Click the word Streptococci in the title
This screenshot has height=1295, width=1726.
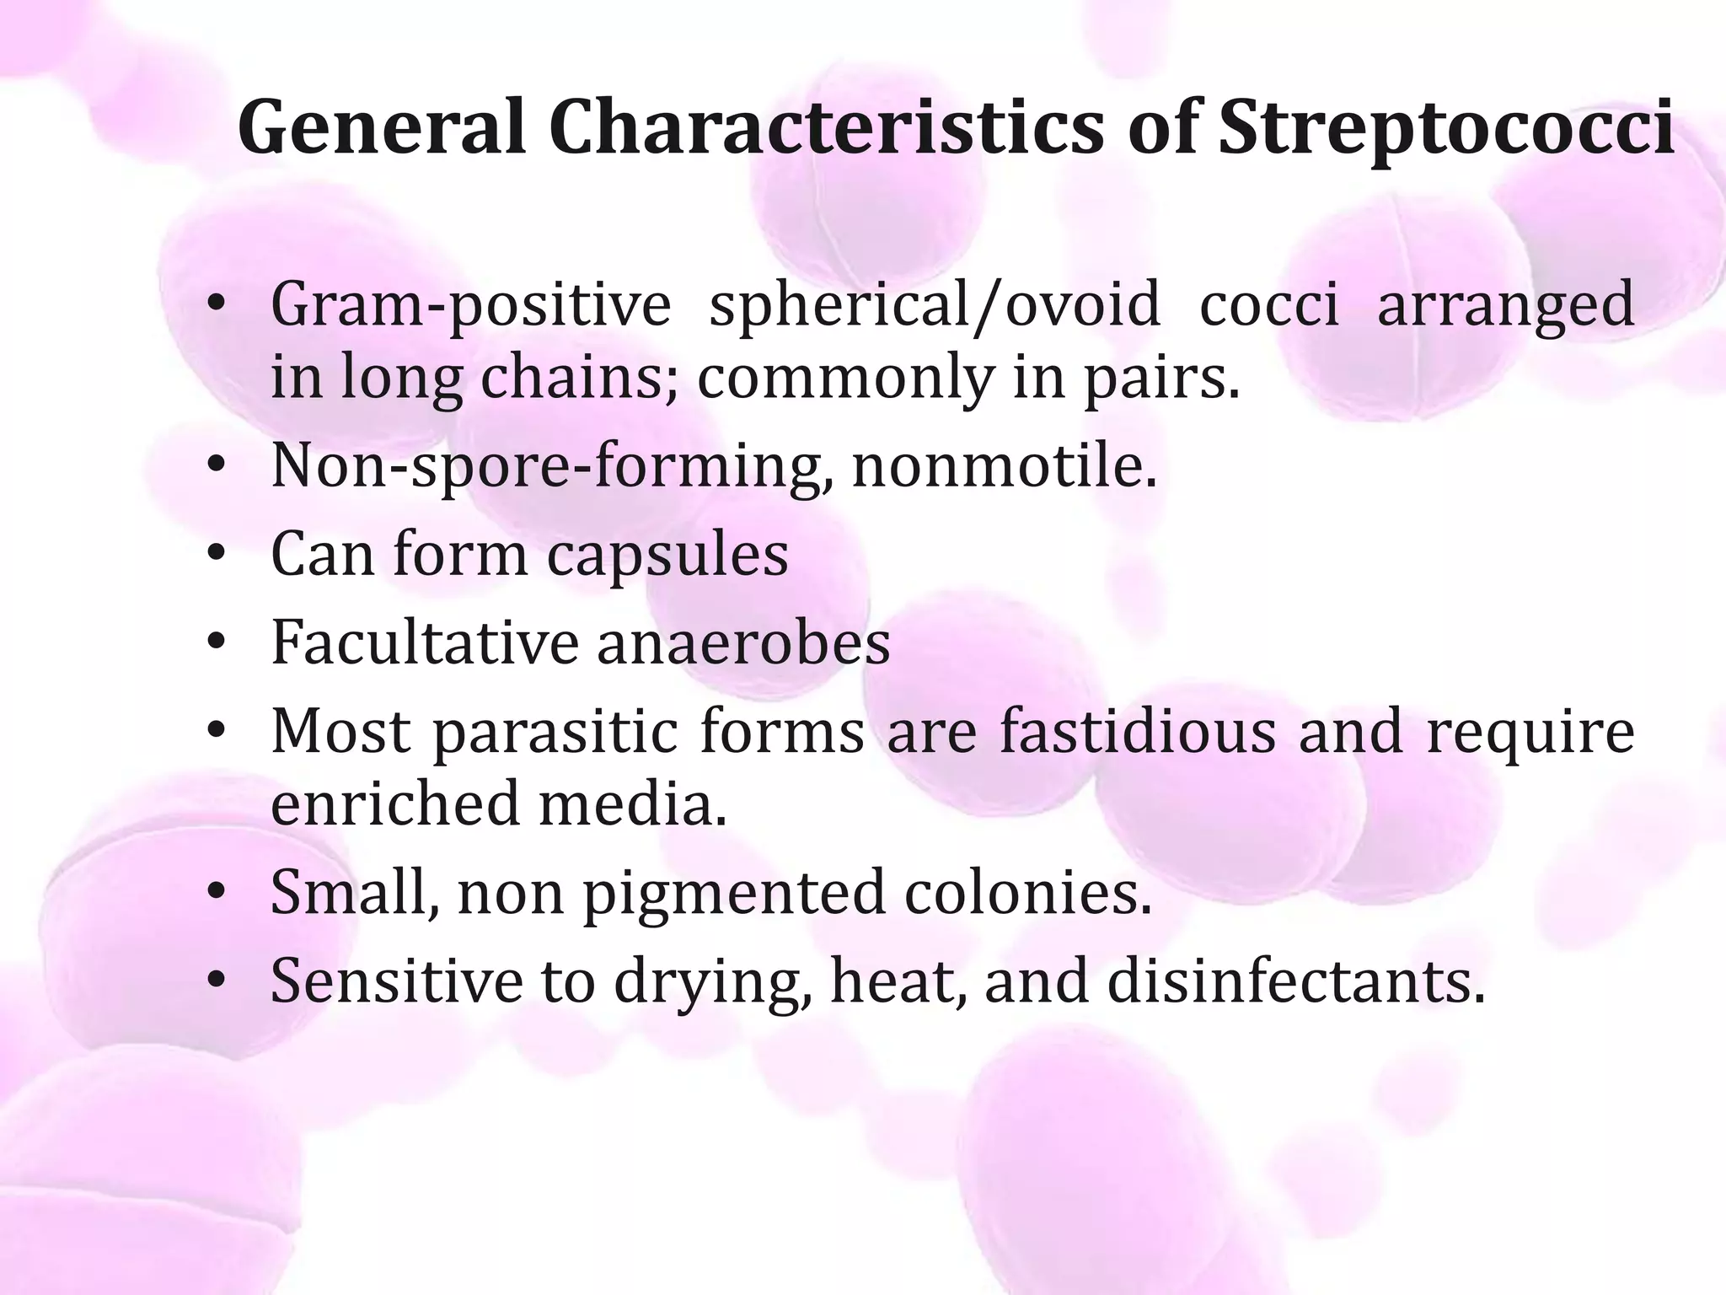(x=1446, y=128)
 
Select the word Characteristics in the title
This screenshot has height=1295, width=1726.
(x=826, y=128)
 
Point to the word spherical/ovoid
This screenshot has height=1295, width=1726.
(x=935, y=305)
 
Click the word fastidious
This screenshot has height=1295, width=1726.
(x=1138, y=731)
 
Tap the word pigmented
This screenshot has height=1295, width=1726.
(x=734, y=892)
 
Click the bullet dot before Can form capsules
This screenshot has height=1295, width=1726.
(x=217, y=555)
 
